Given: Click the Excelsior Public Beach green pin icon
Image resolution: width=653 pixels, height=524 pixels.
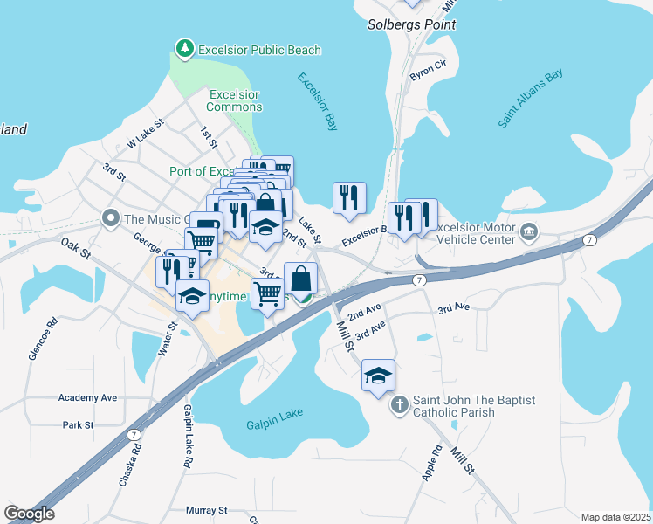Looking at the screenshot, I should point(184,49).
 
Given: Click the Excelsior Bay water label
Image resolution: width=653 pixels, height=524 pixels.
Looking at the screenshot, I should point(317,101).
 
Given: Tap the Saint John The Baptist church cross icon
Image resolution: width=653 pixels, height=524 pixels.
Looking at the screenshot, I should point(399,404).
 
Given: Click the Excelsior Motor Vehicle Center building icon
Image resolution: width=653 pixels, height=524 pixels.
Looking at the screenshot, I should point(529,232).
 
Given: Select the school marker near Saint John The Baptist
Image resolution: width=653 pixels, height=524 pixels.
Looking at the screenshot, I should point(379,376).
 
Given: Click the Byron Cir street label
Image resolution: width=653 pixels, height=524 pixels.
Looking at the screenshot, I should point(428,72).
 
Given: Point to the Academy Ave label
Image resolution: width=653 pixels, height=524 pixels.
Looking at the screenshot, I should point(87,397).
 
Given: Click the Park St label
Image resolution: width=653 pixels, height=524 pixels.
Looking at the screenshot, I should point(78,425).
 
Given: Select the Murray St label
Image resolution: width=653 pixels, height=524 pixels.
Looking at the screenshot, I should point(206,509).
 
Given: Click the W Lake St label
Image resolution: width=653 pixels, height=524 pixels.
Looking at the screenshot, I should point(146,132).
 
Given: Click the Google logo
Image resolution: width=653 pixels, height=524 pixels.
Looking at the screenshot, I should point(29,514).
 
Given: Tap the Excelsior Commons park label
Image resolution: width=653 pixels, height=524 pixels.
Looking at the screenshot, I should point(234,100).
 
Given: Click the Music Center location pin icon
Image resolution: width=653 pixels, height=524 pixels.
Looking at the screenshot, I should point(111,217).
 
